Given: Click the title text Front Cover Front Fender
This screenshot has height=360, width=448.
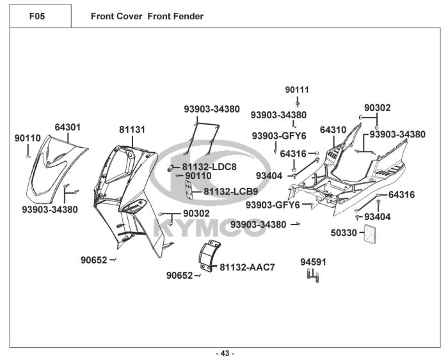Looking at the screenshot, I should click(147, 16).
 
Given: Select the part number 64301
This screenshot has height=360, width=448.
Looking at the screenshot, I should click(67, 127).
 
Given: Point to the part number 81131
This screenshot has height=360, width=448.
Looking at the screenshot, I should click(132, 130).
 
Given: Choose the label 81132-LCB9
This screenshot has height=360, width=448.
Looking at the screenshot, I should click(231, 191).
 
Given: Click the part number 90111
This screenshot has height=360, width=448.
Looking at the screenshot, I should click(297, 90).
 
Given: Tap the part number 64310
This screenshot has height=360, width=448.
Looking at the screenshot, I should click(333, 130).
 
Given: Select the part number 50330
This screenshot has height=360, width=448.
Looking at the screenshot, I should click(344, 233).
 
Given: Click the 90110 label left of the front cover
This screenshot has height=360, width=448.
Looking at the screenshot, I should click(28, 137).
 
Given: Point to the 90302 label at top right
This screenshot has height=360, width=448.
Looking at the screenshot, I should click(378, 108).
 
